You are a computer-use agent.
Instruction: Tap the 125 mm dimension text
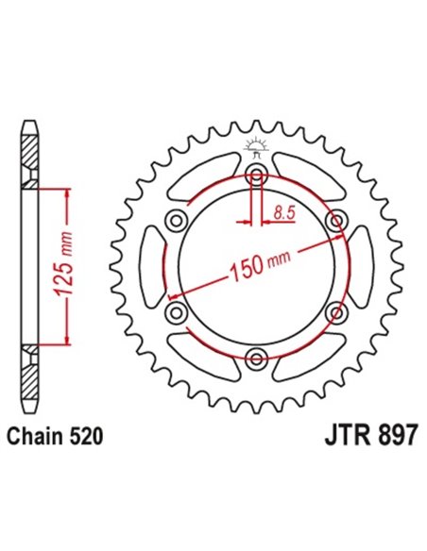[64, 266]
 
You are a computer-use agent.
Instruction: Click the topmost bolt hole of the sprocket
[255, 174]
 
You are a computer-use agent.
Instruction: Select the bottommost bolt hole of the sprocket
[255, 356]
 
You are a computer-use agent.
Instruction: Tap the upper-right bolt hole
[333, 220]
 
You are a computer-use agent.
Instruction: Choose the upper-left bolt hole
[176, 220]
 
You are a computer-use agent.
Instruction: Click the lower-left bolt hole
[176, 310]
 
